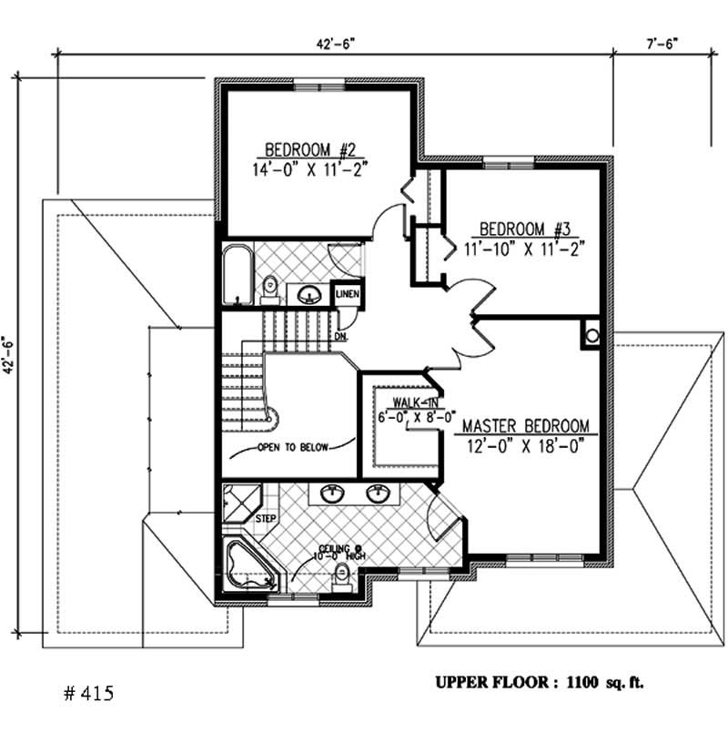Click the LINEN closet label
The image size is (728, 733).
point(349,294)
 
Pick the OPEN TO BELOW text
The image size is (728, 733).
point(292,448)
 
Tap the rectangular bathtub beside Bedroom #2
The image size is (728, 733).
point(237,273)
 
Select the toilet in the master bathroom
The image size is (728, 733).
point(342,575)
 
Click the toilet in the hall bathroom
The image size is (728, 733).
point(270,290)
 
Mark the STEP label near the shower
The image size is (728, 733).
point(266,519)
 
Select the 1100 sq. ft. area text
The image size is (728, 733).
point(604,681)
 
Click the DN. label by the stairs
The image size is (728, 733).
point(341,336)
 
